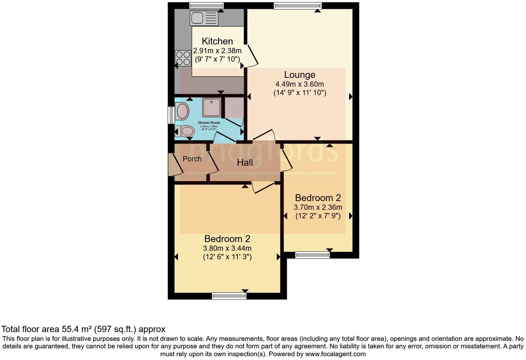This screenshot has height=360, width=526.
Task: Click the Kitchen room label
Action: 217,41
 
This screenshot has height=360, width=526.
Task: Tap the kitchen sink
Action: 204,18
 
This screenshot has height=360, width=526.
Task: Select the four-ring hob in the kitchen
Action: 183,58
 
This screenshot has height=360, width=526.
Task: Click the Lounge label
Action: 300,75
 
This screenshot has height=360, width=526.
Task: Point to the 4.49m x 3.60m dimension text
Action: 300,84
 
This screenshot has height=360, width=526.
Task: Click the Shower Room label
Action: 209,123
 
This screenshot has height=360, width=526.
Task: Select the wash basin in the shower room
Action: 182,111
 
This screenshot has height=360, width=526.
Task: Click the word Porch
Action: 192,159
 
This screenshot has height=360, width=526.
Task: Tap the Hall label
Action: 245,163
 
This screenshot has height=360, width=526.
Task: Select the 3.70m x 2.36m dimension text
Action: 318,208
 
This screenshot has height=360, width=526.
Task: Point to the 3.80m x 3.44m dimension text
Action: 227,249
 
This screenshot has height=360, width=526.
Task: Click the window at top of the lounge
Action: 297,5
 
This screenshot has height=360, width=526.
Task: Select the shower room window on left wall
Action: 171,115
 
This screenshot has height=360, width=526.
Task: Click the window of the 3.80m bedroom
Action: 229,296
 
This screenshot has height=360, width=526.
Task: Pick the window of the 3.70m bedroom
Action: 312,255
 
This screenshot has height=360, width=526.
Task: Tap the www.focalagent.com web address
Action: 335,354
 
